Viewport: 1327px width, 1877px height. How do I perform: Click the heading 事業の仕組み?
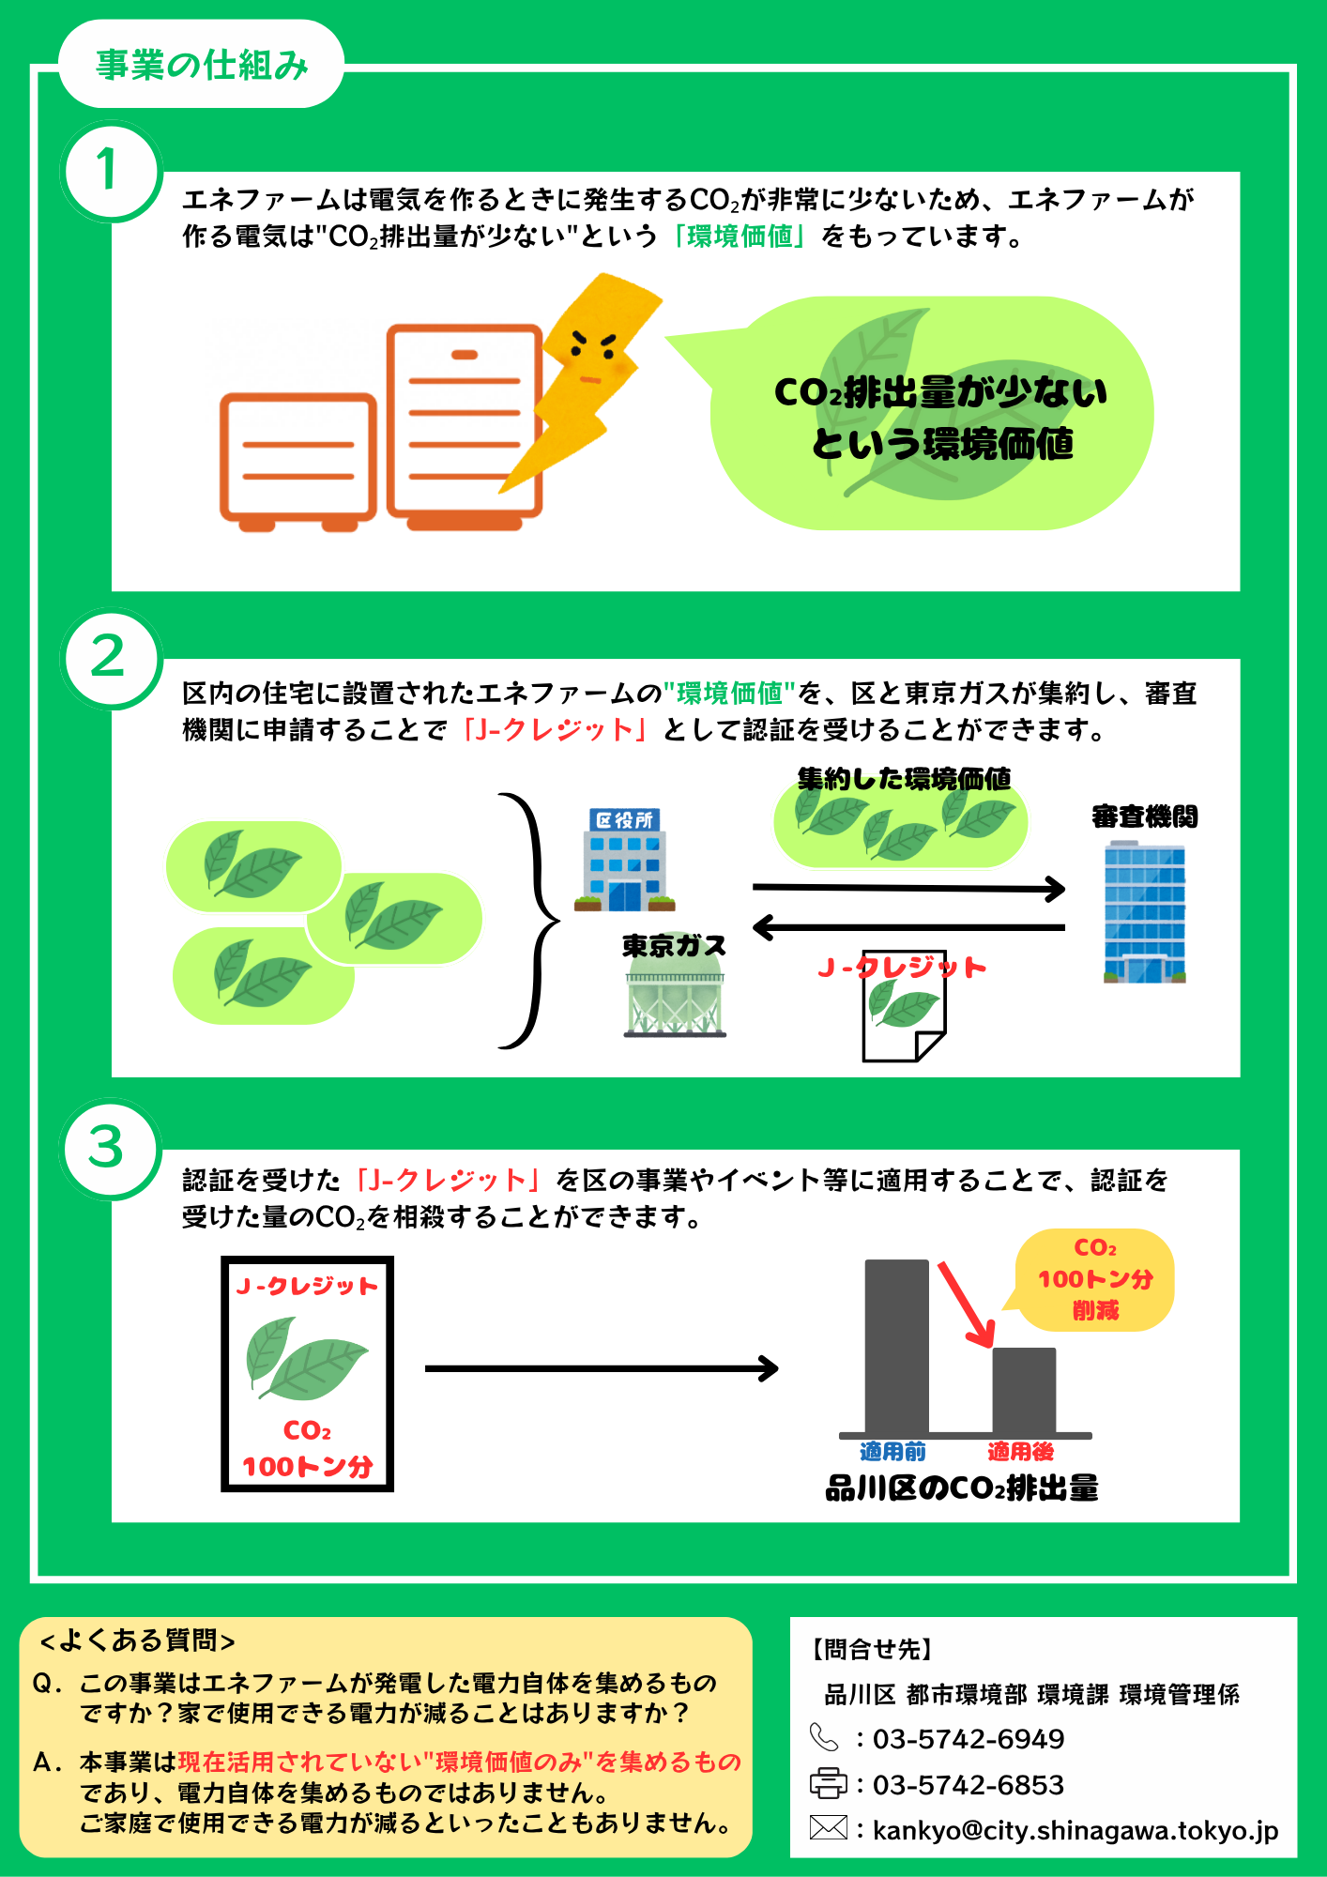[x=201, y=65]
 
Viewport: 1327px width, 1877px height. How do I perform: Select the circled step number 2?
[x=109, y=656]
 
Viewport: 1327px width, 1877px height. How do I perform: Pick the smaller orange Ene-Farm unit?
[x=297, y=460]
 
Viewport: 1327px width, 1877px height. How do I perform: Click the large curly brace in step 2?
[x=533, y=920]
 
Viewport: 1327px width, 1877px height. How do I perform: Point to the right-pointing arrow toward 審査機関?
[x=908, y=888]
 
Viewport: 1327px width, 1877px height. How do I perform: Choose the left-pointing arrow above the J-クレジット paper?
[x=908, y=928]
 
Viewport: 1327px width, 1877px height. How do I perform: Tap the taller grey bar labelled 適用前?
[x=896, y=1346]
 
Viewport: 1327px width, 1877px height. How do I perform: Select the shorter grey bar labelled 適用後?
[x=1024, y=1390]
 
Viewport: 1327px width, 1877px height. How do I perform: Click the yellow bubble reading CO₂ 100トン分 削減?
[x=1095, y=1279]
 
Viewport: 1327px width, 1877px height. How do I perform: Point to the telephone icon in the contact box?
[x=824, y=1738]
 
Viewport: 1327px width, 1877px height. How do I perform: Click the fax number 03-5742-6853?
[x=969, y=1784]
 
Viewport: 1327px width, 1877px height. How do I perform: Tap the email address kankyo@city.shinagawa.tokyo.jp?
[x=1075, y=1830]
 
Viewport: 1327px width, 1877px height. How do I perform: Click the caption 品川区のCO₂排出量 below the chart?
[x=962, y=1488]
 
